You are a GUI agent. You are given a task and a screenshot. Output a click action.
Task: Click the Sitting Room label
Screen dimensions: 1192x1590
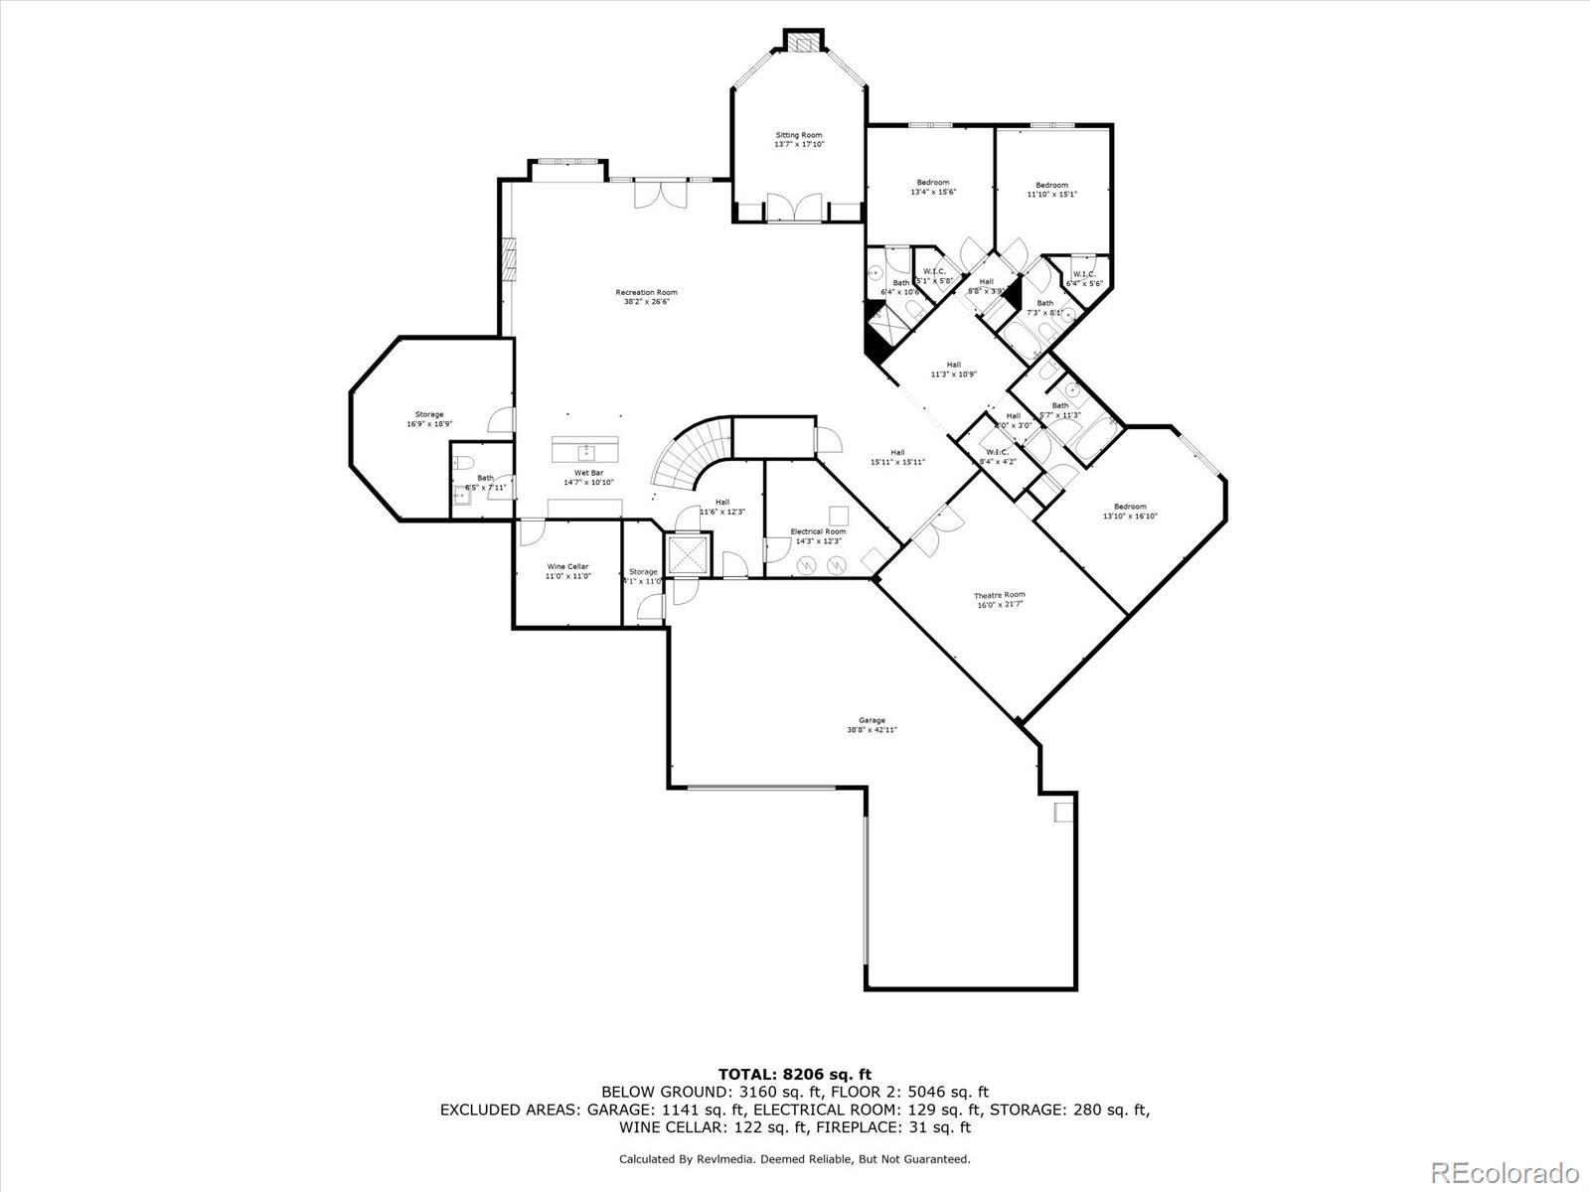(x=799, y=139)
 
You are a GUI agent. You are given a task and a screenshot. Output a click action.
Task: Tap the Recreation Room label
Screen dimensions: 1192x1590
(x=646, y=296)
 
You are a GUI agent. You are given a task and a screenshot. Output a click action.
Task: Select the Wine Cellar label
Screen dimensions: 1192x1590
(x=567, y=571)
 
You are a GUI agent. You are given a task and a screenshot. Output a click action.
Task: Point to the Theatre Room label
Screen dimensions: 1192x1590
(x=999, y=599)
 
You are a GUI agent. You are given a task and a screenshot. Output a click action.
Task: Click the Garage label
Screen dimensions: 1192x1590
(x=872, y=725)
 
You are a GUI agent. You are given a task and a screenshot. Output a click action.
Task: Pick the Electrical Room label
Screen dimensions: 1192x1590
(x=818, y=536)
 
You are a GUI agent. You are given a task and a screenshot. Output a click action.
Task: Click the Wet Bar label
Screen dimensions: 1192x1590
(x=588, y=477)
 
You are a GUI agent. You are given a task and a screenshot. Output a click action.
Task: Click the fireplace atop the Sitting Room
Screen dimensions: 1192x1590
(x=803, y=42)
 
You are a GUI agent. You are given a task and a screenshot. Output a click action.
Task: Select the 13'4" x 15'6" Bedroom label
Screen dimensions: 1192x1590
(x=932, y=187)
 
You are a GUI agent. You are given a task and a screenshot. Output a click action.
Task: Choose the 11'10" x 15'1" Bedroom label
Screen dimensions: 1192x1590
(x=1051, y=190)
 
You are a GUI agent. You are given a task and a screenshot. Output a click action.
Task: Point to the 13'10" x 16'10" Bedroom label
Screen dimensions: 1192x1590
(x=1129, y=511)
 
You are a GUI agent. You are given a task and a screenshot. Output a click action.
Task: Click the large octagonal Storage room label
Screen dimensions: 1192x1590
(x=429, y=418)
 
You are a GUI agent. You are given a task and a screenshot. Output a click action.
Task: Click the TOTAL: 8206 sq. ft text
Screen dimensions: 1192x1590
(x=794, y=1074)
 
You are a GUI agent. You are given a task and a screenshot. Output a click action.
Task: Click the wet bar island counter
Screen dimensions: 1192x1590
(x=585, y=449)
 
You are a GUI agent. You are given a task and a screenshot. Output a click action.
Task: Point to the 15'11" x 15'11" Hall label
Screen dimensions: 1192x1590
(x=897, y=457)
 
